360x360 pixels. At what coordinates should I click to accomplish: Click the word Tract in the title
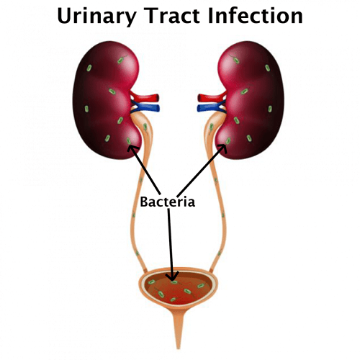point(173,16)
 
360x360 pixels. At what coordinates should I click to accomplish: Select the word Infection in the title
point(256,16)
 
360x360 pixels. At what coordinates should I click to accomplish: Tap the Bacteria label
point(167,202)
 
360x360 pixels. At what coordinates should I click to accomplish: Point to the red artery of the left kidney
point(145,97)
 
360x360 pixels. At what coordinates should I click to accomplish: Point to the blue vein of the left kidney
point(145,107)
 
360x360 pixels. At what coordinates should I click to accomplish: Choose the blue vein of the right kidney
point(211,107)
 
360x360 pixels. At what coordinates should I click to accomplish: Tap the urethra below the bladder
point(178,329)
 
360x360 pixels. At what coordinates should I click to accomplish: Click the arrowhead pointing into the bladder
point(173,276)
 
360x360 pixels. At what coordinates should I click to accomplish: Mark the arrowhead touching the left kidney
point(132,149)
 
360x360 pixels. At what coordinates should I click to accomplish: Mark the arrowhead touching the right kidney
point(222,148)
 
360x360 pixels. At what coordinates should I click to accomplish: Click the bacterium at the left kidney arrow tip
point(129,141)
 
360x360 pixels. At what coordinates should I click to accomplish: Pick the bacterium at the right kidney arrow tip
point(228,140)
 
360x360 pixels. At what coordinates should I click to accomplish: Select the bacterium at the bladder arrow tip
point(174,282)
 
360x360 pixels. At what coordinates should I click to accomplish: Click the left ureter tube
point(139,192)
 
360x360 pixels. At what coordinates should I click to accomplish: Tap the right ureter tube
point(217,192)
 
